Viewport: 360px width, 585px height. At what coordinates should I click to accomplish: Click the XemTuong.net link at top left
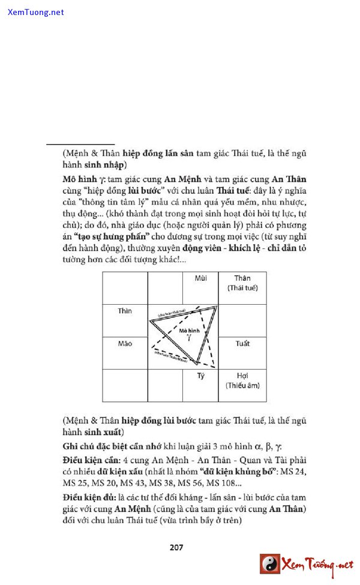[35, 12]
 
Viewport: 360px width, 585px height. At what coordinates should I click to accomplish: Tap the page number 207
[176, 547]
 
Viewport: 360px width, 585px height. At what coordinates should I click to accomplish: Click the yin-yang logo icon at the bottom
[270, 564]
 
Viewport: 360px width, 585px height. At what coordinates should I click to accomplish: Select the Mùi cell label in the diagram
[201, 278]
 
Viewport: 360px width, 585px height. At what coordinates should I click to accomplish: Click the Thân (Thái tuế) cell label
[242, 283]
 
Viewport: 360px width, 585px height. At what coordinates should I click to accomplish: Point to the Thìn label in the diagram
[125, 311]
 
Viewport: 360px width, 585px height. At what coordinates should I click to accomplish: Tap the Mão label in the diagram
[125, 344]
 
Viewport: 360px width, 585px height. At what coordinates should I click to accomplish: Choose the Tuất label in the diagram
[242, 344]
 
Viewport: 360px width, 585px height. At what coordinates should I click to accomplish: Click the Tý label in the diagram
[201, 376]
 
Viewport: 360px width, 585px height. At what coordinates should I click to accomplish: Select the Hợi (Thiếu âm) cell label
[242, 380]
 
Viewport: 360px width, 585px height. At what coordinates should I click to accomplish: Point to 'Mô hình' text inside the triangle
[188, 331]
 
